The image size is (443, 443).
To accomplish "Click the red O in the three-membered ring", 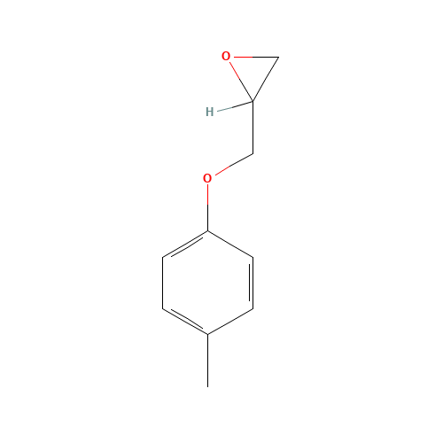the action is coord(226,57).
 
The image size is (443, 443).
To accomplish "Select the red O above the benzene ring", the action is coord(207,178).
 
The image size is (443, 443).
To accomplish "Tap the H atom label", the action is coord(209,112).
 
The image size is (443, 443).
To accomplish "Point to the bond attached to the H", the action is coord(234,106).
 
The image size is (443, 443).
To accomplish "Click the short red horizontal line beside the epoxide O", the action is coord(243,57).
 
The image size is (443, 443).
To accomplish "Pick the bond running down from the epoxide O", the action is coord(240,81).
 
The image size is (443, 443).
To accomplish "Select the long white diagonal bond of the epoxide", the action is coord(266,80).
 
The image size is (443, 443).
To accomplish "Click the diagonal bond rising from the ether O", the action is coord(233,163).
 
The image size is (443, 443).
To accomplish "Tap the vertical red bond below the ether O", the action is coord(207,196).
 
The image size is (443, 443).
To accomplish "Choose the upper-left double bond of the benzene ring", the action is coord(185,245).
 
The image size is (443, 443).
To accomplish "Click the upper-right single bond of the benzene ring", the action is coord(230,244).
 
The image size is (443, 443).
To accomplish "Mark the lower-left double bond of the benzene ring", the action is coord(185,321).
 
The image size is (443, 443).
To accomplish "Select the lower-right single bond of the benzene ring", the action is coord(230,321).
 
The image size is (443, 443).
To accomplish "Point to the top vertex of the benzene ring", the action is coord(207,231).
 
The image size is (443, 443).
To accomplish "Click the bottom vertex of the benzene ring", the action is coord(207,334).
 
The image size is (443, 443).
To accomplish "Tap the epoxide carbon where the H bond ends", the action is coord(253,101).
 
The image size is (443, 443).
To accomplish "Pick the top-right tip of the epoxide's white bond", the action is coord(278,58).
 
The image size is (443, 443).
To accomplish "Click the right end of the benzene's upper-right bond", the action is coord(253,257).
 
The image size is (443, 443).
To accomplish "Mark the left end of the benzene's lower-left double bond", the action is coord(163,308).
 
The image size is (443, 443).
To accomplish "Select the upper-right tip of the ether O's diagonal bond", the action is coord(253,153).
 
